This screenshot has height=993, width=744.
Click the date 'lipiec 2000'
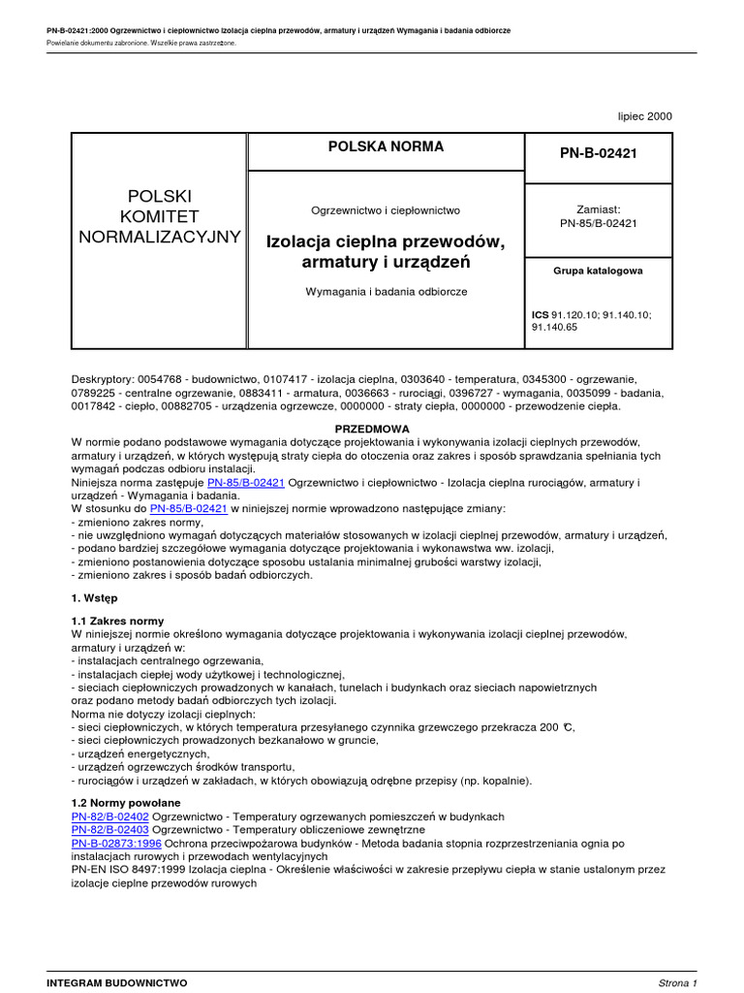[644, 116]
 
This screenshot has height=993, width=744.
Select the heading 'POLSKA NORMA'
[387, 146]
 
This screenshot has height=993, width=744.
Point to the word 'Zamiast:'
[598, 208]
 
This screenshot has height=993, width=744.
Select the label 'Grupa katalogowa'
[598, 272]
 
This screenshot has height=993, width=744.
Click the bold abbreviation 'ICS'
[540, 315]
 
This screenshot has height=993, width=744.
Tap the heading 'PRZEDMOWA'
[372, 428]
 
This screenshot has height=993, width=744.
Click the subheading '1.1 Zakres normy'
[118, 621]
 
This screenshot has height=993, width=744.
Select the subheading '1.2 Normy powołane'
[126, 804]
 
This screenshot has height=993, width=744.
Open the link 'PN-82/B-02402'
[110, 817]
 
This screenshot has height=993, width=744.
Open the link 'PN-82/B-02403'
[110, 831]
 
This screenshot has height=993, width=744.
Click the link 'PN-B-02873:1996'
[117, 845]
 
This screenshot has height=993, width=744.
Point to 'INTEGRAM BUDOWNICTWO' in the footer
[117, 982]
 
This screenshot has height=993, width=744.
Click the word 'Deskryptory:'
[103, 379]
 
